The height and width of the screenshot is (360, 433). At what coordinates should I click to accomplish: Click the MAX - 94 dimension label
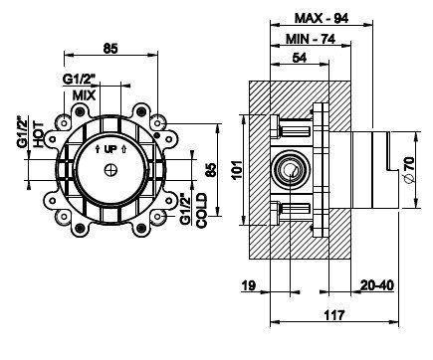322,18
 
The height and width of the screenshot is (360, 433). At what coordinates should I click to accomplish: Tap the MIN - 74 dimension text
311,39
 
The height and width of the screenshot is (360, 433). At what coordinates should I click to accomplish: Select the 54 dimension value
300,58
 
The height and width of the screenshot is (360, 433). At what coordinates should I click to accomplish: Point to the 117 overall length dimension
334,315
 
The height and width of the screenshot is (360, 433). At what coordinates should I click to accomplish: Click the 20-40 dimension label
377,285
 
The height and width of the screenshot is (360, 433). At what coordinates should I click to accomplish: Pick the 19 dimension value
249,285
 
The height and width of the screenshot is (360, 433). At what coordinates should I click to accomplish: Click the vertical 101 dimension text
238,170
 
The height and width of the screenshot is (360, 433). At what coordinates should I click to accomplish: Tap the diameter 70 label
409,169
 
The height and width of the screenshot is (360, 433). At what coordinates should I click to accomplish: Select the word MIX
84,95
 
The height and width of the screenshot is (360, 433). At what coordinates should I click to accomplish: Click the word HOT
39,135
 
